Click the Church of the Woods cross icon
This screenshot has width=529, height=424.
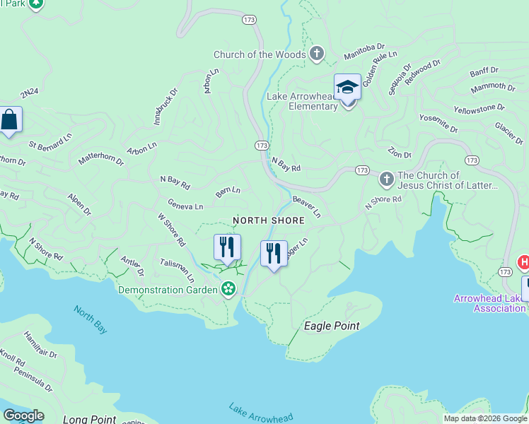317,54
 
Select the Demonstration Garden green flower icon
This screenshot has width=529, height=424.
228,288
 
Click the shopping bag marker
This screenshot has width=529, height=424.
9,120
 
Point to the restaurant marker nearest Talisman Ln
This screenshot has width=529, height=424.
227,248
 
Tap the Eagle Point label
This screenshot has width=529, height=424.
331,326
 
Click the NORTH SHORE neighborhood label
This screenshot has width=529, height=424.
269,220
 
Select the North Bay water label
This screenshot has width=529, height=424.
91,315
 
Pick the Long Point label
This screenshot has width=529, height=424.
89,419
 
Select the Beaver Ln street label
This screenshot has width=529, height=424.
307,207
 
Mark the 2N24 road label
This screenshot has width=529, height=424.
29,93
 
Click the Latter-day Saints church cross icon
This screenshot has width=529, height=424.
386,179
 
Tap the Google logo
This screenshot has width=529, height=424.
23,415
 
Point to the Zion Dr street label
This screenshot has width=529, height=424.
399,153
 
